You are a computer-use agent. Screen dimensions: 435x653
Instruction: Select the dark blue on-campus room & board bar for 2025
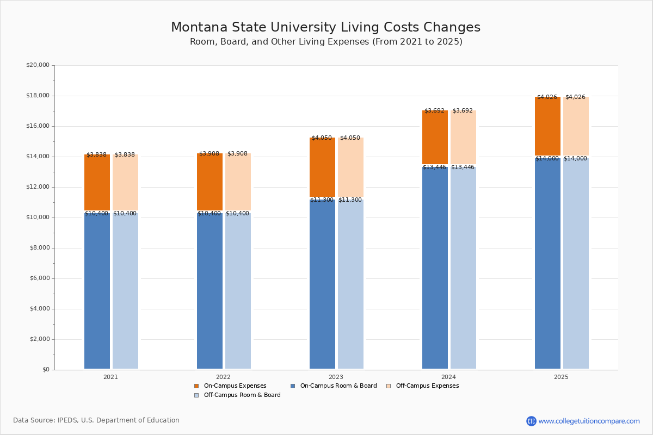tap(547, 264)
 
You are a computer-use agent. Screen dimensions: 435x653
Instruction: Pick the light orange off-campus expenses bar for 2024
tap(463, 138)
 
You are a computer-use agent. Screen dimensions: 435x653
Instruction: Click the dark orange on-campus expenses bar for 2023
tap(322, 167)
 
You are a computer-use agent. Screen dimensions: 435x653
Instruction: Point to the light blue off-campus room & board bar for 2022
tap(238, 291)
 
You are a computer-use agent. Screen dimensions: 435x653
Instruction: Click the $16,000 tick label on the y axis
tap(38, 126)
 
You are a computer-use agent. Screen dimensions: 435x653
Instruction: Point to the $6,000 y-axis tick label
tap(39, 278)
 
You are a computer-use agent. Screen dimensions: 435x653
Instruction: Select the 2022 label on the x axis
tap(223, 377)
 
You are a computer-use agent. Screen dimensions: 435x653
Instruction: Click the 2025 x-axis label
tap(561, 377)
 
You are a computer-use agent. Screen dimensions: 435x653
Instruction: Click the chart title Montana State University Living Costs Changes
tap(325, 28)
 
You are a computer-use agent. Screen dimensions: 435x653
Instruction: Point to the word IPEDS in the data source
tap(68, 420)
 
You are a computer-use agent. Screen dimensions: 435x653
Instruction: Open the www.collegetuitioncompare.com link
tap(589, 421)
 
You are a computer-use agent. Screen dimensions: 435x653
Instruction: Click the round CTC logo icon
tap(531, 421)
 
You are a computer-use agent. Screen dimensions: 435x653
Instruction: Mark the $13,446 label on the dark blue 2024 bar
tap(434, 167)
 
